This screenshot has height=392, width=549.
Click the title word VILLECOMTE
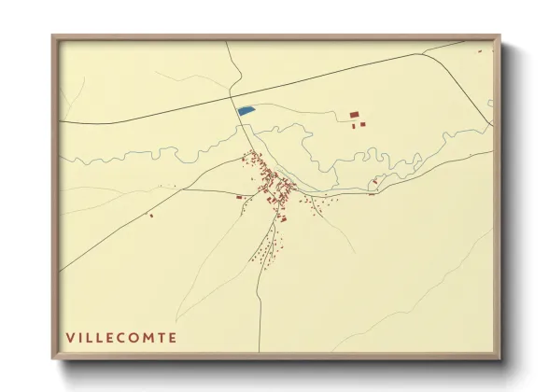point(121,337)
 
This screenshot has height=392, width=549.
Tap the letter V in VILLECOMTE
point(70,337)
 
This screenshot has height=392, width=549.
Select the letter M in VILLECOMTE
point(148,337)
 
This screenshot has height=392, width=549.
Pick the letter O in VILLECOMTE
point(135,337)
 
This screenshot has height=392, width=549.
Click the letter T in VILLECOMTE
point(161,337)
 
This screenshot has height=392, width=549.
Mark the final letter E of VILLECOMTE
point(172,337)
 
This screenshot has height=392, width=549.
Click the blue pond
point(246,110)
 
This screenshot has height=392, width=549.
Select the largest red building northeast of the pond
point(354,115)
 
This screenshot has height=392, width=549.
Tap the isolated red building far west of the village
point(151,215)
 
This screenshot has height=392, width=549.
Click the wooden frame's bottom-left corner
point(54,357)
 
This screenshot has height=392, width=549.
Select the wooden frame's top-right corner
point(498,38)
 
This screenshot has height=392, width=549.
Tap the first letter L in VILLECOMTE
point(91,337)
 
